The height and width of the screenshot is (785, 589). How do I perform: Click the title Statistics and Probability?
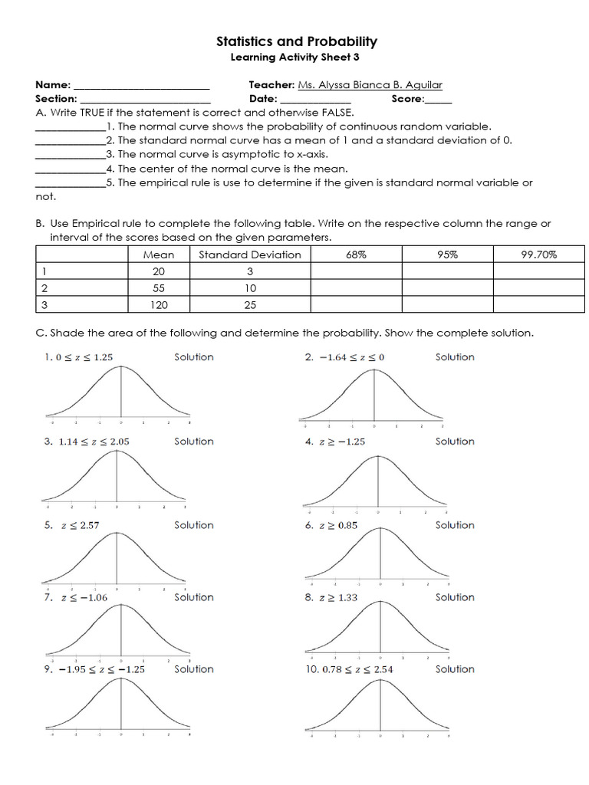click(x=296, y=41)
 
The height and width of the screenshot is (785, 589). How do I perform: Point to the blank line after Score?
click(x=438, y=99)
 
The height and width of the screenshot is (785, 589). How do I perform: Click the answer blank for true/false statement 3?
click(x=70, y=154)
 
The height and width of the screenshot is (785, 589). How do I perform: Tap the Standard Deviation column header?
click(x=250, y=255)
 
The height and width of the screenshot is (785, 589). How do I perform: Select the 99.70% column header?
click(x=538, y=255)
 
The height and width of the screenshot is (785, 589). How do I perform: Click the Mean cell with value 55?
click(x=159, y=288)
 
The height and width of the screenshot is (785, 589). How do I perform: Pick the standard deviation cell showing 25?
click(x=250, y=305)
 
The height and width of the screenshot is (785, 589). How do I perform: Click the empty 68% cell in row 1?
click(x=356, y=271)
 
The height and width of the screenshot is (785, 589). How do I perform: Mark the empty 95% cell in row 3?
click(x=447, y=305)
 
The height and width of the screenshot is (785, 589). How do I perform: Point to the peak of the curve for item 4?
click(x=377, y=457)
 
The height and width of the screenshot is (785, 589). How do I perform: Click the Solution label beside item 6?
click(x=455, y=525)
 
